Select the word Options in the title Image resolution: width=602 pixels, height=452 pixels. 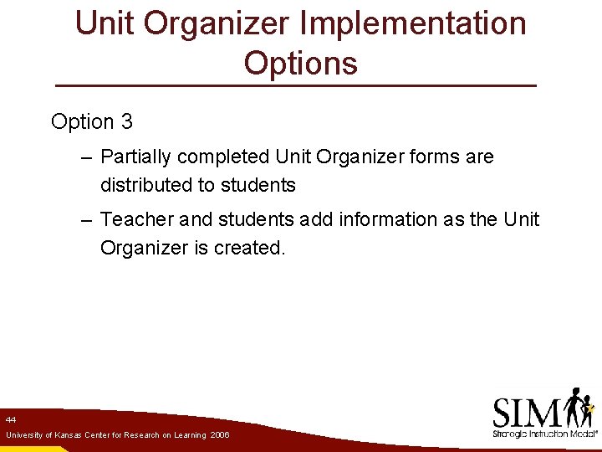(301, 63)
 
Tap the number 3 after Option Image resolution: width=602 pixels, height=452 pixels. (126, 121)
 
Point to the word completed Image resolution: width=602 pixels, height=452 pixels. (223, 157)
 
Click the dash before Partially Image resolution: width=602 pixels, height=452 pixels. (87, 157)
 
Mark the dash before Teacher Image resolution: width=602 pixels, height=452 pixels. (87, 219)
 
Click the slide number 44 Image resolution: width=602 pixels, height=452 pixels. (11, 419)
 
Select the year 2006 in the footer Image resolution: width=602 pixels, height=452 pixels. (220, 435)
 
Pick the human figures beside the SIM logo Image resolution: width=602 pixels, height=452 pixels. (579, 408)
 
